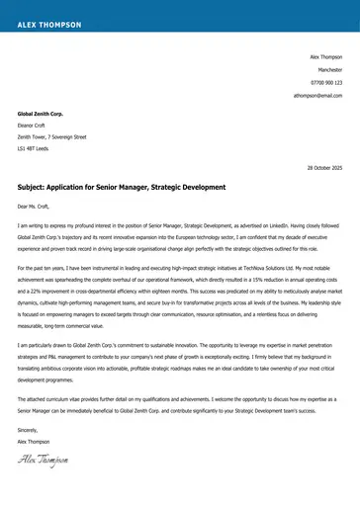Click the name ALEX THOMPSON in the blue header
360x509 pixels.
click(x=45, y=19)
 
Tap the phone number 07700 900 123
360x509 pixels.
click(x=325, y=83)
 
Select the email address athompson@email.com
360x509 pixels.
click(x=317, y=96)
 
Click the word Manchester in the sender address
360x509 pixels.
click(x=329, y=70)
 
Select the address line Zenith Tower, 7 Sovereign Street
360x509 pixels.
click(x=52, y=136)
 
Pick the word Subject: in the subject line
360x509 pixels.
click(x=35, y=186)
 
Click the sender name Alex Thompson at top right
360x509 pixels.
click(x=325, y=57)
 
